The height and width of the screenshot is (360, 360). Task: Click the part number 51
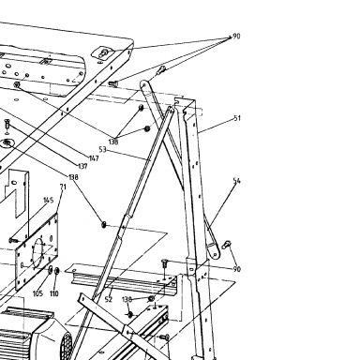click(x=237, y=118)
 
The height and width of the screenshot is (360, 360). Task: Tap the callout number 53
click(x=102, y=150)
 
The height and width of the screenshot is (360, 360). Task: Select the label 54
click(x=237, y=181)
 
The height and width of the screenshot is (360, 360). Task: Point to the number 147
click(x=94, y=158)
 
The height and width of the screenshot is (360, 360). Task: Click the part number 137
click(x=82, y=166)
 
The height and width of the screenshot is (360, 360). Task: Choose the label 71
click(x=63, y=187)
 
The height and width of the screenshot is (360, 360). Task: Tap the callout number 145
click(x=48, y=200)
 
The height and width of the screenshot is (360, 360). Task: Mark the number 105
click(x=37, y=293)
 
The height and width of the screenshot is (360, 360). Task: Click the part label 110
click(x=54, y=293)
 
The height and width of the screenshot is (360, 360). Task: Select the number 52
click(x=109, y=299)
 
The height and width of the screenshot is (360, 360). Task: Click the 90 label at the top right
click(x=236, y=37)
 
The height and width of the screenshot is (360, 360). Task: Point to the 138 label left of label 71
click(x=73, y=177)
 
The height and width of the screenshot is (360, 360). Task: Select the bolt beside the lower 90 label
click(x=226, y=245)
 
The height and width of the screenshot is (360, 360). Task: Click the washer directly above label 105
click(x=51, y=270)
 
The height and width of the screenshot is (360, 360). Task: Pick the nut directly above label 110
click(x=57, y=271)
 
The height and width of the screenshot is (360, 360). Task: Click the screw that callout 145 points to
click(x=14, y=240)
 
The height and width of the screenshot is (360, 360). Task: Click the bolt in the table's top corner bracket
click(x=103, y=52)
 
